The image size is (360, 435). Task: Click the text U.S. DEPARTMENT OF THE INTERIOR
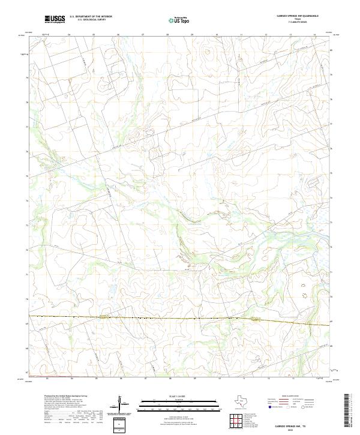tap(91, 17)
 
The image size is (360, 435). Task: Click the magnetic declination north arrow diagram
tap(122, 406)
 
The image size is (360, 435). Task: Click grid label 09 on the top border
tap(192, 35)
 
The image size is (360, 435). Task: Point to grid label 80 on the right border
tap(332, 50)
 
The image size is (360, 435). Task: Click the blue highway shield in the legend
tap(271, 407)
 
